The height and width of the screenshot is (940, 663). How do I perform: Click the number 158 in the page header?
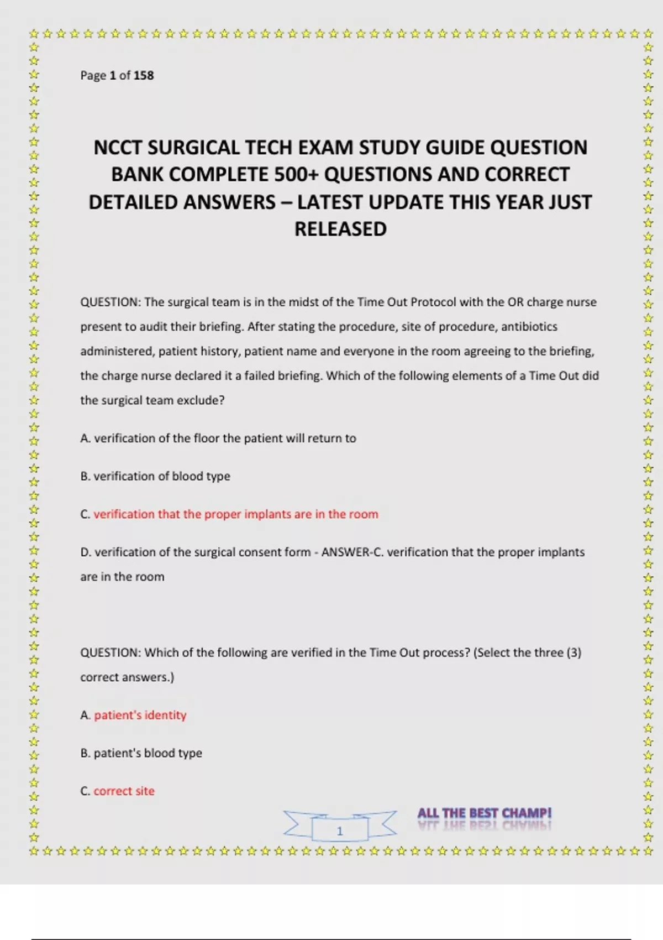144,75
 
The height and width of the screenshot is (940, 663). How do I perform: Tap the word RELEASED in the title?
340,229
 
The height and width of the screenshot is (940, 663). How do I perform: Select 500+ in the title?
297,175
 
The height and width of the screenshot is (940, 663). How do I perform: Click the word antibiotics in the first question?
529,326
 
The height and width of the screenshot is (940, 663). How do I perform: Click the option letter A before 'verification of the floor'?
85,438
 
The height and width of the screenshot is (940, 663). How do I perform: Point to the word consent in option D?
246,552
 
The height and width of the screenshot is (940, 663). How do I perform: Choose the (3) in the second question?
573,652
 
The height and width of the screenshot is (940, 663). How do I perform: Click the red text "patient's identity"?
140,715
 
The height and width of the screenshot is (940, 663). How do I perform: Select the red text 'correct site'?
124,791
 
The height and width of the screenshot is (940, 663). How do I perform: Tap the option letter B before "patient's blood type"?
85,753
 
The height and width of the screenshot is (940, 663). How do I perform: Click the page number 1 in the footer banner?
340,831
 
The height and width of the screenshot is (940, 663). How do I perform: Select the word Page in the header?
93,75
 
